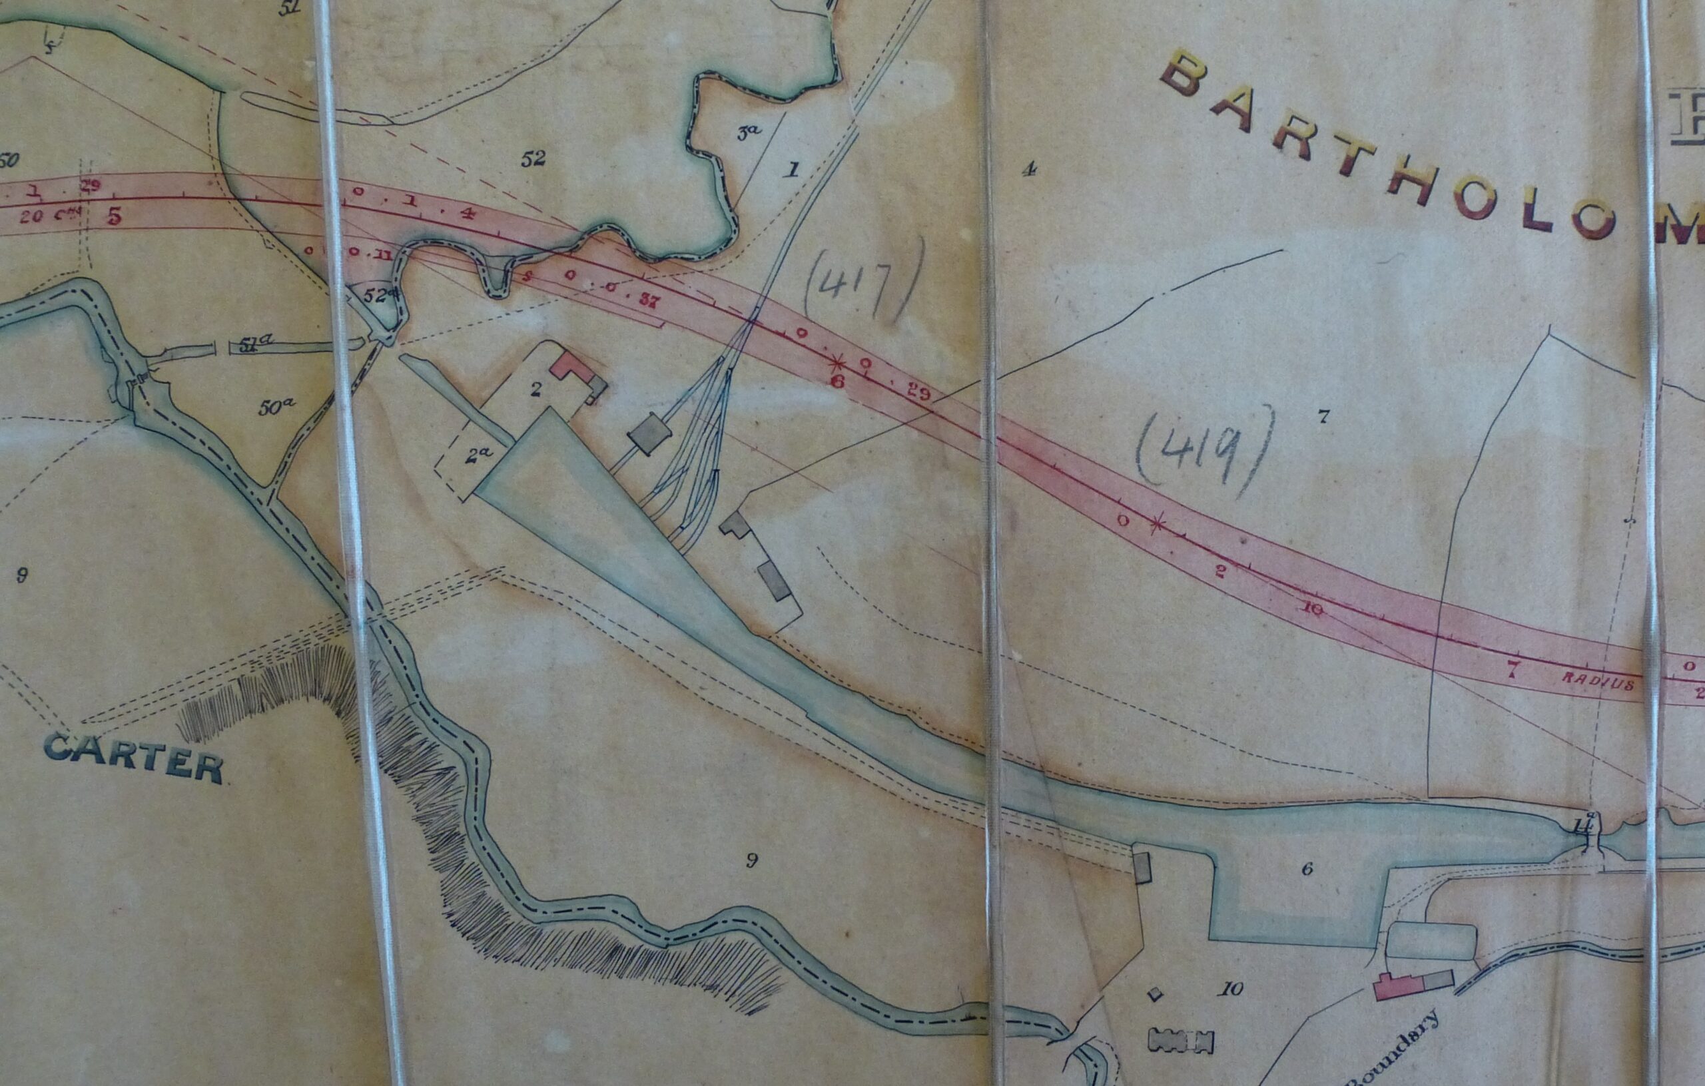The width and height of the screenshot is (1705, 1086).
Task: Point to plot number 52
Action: [533, 158]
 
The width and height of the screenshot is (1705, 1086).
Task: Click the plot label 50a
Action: [276, 406]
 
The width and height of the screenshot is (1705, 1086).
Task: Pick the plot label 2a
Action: [480, 455]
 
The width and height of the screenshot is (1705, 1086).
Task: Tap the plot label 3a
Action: [749, 133]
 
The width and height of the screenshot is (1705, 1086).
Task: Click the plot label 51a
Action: [256, 344]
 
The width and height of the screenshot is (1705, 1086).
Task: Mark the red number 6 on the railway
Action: [838, 381]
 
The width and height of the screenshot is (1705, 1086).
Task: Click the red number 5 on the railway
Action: [114, 216]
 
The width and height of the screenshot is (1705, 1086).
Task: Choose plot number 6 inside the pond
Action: [1307, 869]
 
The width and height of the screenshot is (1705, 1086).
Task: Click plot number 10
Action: [1231, 989]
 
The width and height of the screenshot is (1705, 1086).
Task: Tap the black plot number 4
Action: [1029, 168]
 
